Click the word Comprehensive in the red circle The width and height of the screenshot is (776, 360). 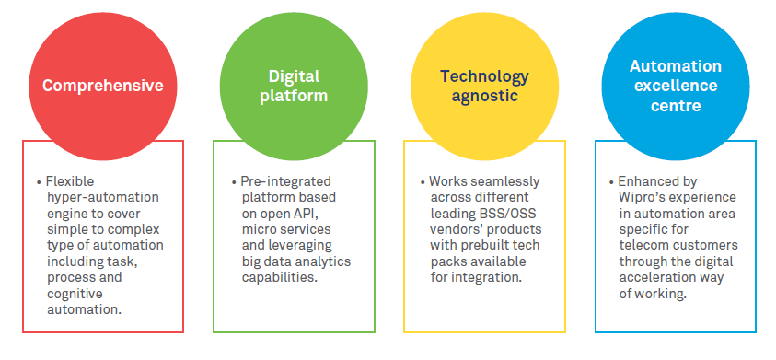tap(103, 86)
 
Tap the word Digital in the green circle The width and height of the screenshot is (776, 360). tap(294, 76)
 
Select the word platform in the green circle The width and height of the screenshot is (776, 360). tap(294, 96)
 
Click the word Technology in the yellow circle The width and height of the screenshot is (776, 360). tap(484, 76)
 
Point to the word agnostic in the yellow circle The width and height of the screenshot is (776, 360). tap(484, 96)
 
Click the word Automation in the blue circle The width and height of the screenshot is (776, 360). tap(676, 66)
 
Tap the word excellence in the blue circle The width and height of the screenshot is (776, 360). tap(676, 86)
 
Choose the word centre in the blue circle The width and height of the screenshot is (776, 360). tap(676, 106)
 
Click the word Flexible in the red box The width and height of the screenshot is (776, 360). tap(70, 181)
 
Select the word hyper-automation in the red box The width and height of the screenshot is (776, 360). tap(103, 197)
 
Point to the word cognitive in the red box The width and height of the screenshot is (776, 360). tap(75, 294)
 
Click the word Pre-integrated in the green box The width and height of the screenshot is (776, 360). tap(286, 181)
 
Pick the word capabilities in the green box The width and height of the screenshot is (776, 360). tap(280, 277)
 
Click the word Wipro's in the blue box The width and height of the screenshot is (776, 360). tap(640, 197)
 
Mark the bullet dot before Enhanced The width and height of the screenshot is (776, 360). tap(612, 182)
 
